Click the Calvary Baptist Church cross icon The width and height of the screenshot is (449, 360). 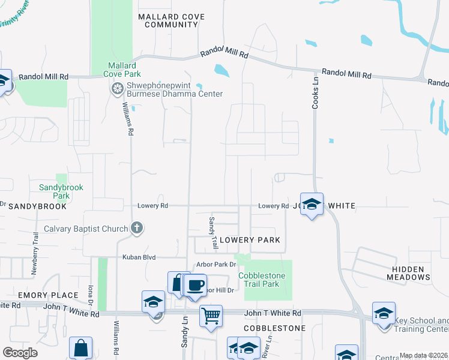click(x=137, y=228)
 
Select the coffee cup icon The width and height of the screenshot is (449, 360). click(x=196, y=286)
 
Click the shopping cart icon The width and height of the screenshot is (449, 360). click(x=211, y=315)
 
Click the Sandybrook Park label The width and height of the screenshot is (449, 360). click(x=61, y=191)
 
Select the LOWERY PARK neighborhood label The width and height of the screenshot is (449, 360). click(x=250, y=240)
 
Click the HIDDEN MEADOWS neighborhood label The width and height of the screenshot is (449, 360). click(x=412, y=273)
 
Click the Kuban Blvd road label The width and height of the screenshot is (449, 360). click(x=139, y=257)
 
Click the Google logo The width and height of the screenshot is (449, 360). click(x=20, y=353)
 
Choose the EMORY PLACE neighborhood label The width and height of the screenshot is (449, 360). click(x=48, y=295)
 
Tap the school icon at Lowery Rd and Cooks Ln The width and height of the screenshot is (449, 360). click(x=312, y=204)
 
